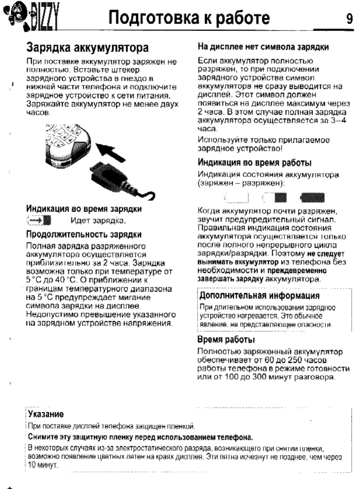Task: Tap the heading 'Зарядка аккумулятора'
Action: coord(87,48)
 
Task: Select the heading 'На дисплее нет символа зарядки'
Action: coord(263,47)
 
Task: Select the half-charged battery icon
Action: coord(275,198)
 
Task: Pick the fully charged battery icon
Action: coord(312,198)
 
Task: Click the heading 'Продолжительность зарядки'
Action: coord(84,234)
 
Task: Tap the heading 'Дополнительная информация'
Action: coord(259,296)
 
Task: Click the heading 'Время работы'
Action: coord(226,340)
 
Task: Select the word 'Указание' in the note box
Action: coord(46,414)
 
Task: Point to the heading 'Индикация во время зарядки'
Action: coord(84,209)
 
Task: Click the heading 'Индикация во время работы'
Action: coord(254,163)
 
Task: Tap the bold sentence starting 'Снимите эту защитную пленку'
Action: coord(140,437)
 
